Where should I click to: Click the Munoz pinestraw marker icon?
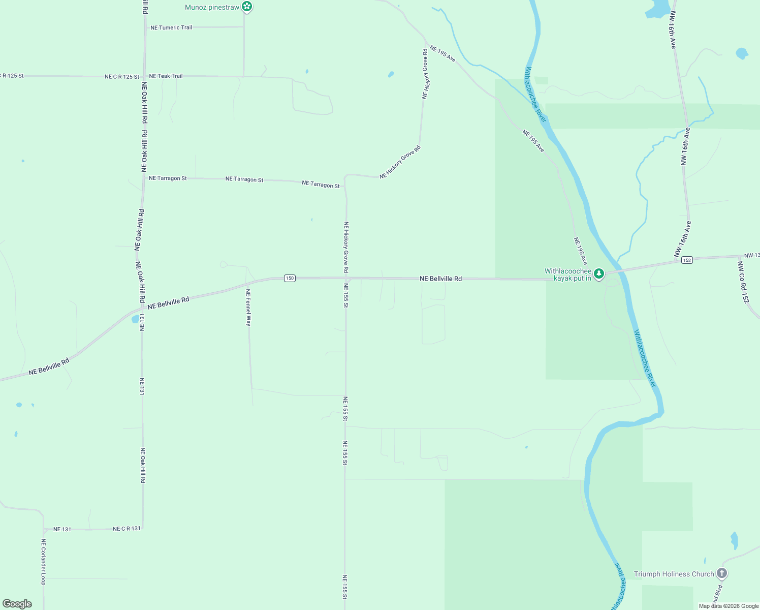(x=246, y=7)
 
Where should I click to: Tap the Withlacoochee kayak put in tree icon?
(x=599, y=274)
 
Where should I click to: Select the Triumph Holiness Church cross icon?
(x=722, y=574)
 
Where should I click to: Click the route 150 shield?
(x=290, y=278)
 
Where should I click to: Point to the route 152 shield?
(x=687, y=260)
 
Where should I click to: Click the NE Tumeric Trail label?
(x=171, y=27)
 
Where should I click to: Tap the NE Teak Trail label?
(x=166, y=76)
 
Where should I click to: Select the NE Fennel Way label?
(x=248, y=307)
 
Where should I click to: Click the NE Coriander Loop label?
(x=43, y=562)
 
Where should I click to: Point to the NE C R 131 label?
(x=126, y=529)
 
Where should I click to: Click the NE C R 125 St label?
(x=122, y=77)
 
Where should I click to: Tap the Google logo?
(x=17, y=604)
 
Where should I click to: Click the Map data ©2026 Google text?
(x=729, y=606)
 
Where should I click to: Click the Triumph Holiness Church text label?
(x=674, y=574)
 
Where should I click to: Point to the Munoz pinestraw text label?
(x=212, y=7)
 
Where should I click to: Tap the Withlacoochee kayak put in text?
(x=568, y=274)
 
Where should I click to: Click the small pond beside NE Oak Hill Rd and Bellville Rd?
(x=135, y=319)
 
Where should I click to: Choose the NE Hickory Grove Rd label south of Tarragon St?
(x=346, y=247)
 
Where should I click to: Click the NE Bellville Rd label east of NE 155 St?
(x=440, y=279)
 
